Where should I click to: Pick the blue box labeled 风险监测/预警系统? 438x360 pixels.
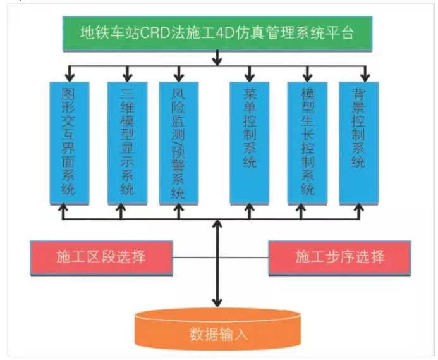click(x=178, y=142)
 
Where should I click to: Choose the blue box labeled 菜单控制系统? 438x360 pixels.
click(x=249, y=142)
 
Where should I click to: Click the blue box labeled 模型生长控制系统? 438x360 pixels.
click(x=307, y=142)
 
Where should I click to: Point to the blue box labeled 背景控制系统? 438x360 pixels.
click(x=358, y=142)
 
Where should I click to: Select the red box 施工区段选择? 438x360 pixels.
click(x=101, y=258)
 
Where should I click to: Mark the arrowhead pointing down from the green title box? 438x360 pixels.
click(x=219, y=61)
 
